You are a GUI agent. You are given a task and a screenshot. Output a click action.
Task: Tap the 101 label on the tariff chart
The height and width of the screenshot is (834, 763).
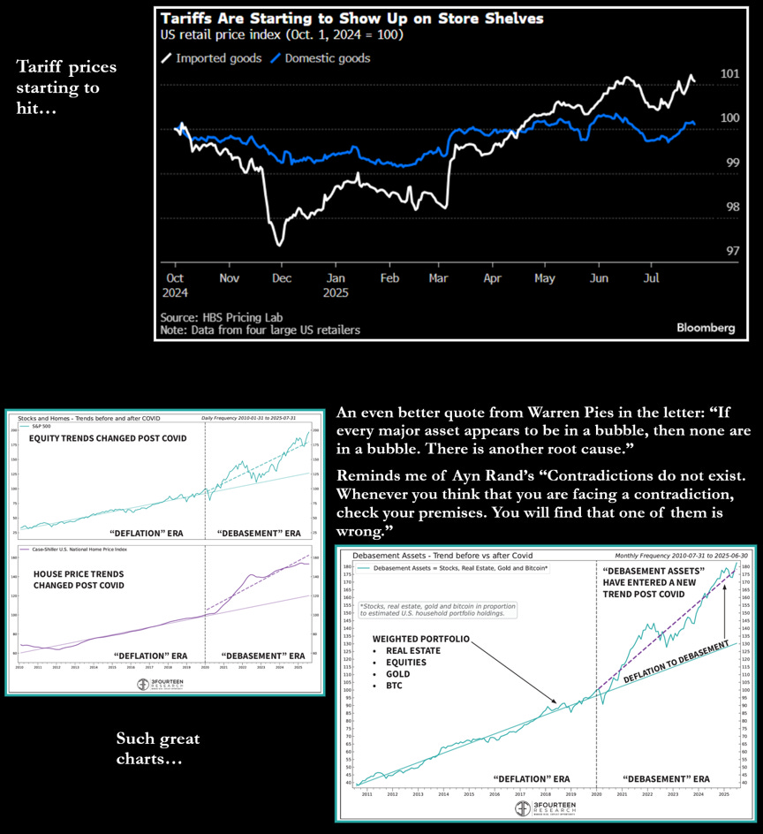[x=729, y=74]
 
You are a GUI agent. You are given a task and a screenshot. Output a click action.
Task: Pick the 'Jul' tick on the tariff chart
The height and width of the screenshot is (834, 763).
[x=652, y=277]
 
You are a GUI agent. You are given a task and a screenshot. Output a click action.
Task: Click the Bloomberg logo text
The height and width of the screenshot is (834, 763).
[x=706, y=328]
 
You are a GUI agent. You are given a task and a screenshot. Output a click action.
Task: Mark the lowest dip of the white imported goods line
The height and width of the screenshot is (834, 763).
[x=278, y=244]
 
